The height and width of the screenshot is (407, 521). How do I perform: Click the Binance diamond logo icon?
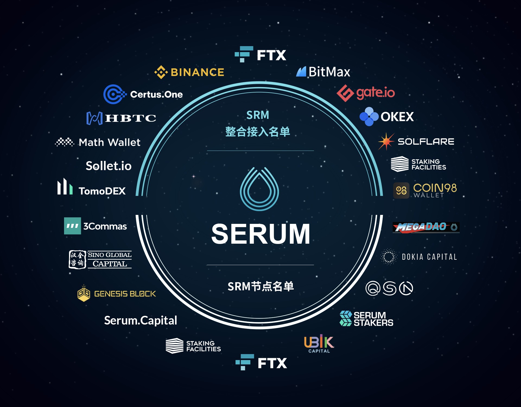(x=161, y=72)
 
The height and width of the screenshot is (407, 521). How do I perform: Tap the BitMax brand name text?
(x=329, y=72)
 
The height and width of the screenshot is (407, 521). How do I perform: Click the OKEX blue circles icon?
(x=369, y=117)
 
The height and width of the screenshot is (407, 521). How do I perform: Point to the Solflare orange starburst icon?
(x=386, y=141)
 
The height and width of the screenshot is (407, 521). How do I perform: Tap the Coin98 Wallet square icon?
(x=401, y=190)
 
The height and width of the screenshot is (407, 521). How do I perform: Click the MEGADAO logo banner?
(x=426, y=227)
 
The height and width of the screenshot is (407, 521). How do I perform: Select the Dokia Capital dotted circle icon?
(x=389, y=257)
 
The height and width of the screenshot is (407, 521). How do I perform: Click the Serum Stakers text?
(x=373, y=319)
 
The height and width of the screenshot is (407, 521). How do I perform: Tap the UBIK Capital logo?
(x=319, y=344)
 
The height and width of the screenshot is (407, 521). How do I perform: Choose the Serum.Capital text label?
(x=141, y=320)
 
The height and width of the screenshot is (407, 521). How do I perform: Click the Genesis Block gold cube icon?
(x=84, y=293)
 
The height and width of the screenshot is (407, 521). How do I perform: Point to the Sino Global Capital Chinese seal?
(x=77, y=260)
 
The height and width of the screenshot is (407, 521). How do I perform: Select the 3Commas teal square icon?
(x=72, y=226)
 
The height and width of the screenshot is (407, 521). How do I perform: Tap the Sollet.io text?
(x=109, y=166)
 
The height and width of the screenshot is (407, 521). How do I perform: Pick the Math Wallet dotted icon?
(x=65, y=142)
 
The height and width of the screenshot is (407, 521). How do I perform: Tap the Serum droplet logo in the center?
(x=259, y=189)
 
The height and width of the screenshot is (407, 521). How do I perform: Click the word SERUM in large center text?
(x=261, y=234)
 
